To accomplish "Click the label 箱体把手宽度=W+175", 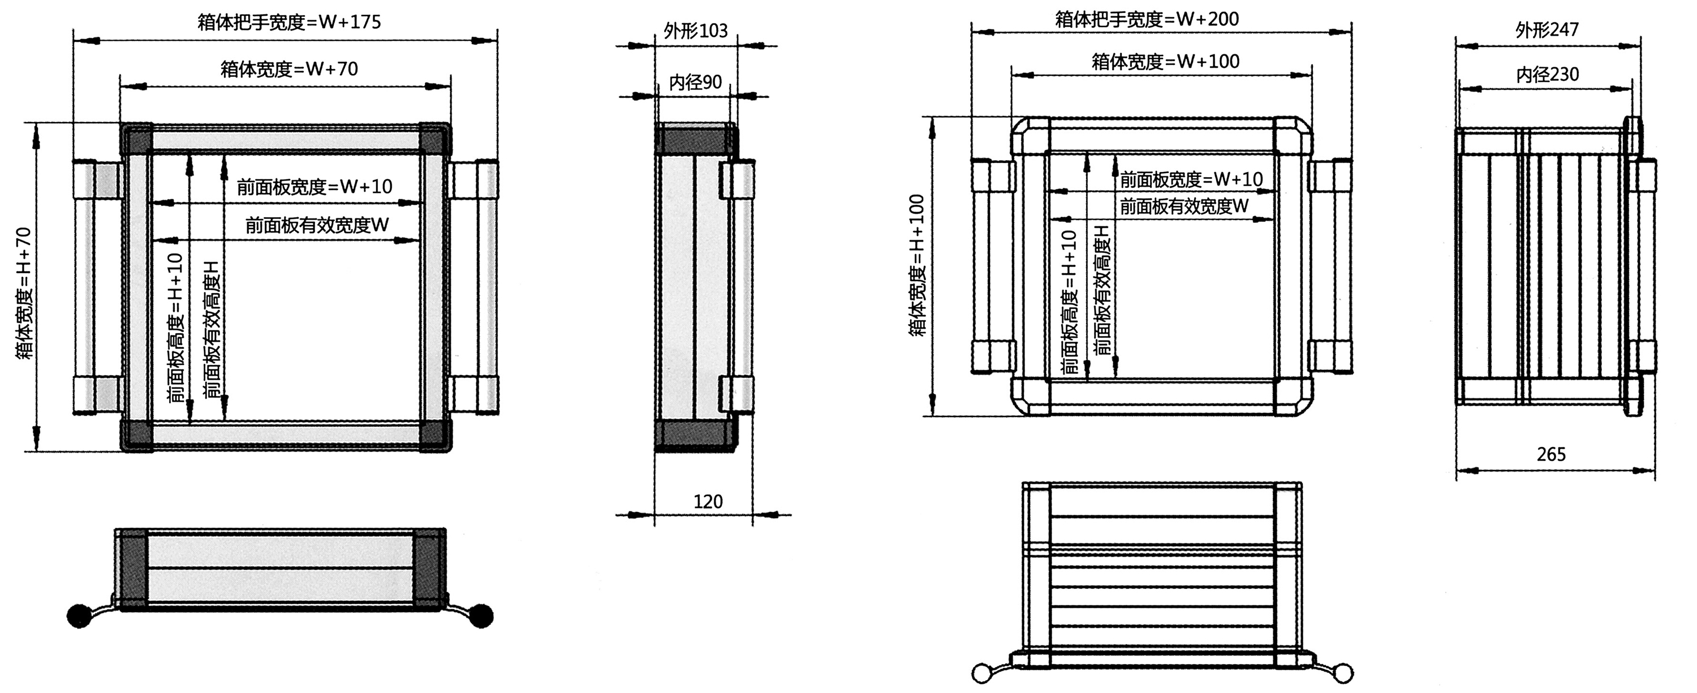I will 289,23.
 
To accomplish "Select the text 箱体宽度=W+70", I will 289,69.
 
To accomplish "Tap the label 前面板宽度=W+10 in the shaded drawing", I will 315,187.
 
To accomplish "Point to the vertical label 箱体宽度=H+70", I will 24,293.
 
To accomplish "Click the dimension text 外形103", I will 696,31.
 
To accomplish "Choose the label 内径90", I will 696,83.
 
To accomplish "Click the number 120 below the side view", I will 708,502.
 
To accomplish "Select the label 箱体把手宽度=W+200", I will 1147,20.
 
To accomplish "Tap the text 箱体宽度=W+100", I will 1165,62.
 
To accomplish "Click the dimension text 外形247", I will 1547,29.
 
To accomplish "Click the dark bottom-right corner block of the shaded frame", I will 433,434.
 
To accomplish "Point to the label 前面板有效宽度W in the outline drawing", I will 1184,207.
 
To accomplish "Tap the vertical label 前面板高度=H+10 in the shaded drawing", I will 175,328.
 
